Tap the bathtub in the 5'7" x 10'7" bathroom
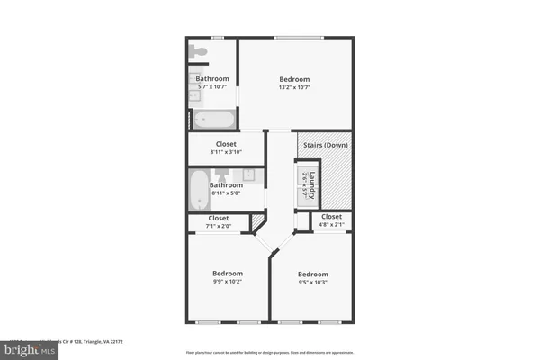point(211,118)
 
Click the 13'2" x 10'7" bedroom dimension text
point(294,88)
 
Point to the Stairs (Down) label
point(326,144)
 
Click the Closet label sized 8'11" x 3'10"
point(227,144)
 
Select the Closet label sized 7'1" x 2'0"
point(219,218)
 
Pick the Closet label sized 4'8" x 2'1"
point(331,217)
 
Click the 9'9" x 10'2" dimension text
point(227,282)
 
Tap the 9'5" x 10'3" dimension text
point(312,282)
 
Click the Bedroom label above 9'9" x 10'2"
point(227,273)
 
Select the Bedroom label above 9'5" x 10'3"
point(312,273)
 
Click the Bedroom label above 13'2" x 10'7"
point(294,79)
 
